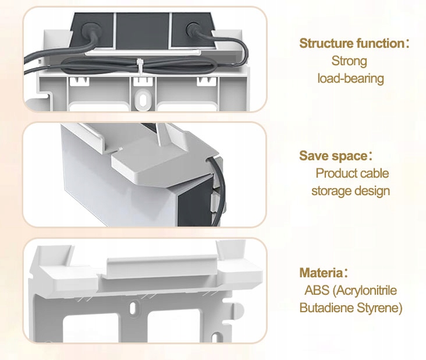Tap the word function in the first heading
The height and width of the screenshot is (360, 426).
(x=378, y=43)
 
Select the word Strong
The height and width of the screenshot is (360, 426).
(x=349, y=60)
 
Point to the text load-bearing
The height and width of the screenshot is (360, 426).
(x=350, y=77)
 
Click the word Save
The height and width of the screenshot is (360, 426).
(x=313, y=156)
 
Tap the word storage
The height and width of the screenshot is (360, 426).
(x=331, y=190)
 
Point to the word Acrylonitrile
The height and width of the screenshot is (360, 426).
(x=368, y=290)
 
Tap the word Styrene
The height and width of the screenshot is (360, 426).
(x=379, y=308)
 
